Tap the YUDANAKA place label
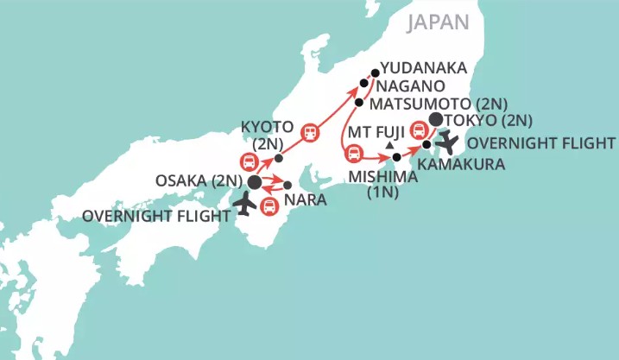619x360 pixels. click(x=424, y=67)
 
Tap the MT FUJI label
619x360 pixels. click(x=377, y=134)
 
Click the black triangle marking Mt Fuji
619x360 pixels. click(x=390, y=145)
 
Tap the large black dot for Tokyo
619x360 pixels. click(x=436, y=119)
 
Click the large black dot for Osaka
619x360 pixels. click(x=255, y=183)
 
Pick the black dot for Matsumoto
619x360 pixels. click(x=358, y=102)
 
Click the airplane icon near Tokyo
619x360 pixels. click(x=448, y=141)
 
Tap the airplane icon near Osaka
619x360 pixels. click(x=245, y=205)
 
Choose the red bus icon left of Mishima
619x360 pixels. click(x=354, y=155)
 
